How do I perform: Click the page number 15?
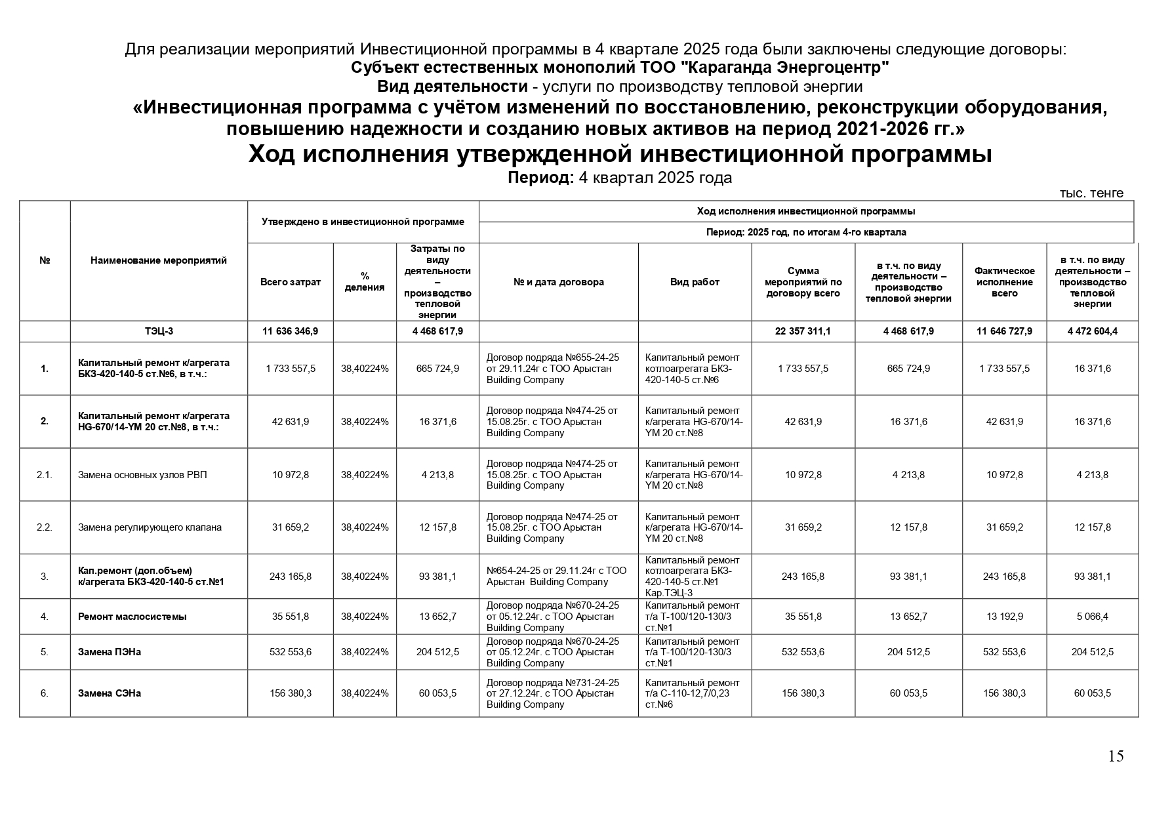pyautogui.click(x=1116, y=756)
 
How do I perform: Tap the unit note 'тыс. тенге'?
pyautogui.click(x=1091, y=193)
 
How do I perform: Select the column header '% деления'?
pyautogui.click(x=365, y=282)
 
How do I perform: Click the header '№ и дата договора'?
pyautogui.click(x=558, y=282)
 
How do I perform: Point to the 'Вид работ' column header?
pyautogui.click(x=695, y=282)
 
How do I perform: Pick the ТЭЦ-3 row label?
pyautogui.click(x=159, y=331)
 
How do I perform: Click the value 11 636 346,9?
pyautogui.click(x=290, y=331)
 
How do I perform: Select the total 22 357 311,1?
pyautogui.click(x=803, y=331)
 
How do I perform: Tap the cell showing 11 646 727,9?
pyautogui.click(x=1004, y=331)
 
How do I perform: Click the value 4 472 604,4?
pyautogui.click(x=1092, y=331)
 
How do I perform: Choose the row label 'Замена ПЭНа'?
pyautogui.click(x=110, y=652)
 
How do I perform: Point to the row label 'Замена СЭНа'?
pyautogui.click(x=110, y=693)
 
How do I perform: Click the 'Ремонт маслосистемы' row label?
pyautogui.click(x=132, y=617)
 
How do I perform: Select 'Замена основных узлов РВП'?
pyautogui.click(x=142, y=475)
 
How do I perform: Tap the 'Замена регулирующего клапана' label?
pyautogui.click(x=150, y=527)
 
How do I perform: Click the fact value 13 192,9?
pyautogui.click(x=1004, y=617)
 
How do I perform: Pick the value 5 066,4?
pyautogui.click(x=1092, y=617)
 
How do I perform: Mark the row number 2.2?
pyautogui.click(x=45, y=527)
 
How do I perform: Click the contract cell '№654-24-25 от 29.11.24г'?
pyautogui.click(x=556, y=577)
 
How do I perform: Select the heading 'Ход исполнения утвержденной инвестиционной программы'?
pyautogui.click(x=620, y=155)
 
